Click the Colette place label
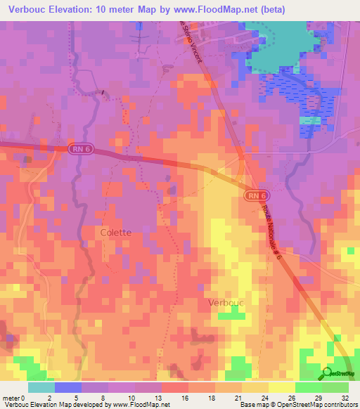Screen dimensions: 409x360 coord(115,233)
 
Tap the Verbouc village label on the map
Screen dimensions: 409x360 coord(225,303)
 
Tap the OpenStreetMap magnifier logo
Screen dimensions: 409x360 coord(327,373)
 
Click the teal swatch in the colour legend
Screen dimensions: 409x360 coord(41,387)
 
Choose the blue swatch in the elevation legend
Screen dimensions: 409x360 coord(67,387)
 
